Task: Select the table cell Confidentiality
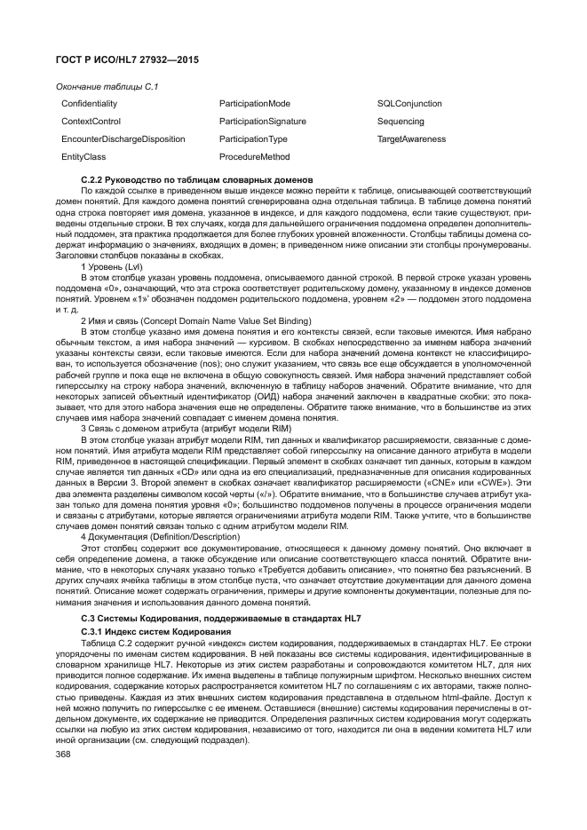tap(89, 104)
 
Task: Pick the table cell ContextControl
tap(91, 122)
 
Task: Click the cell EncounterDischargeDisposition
tap(123, 139)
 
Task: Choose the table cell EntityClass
tap(83, 157)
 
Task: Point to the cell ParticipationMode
tap(254, 104)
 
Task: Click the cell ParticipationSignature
tap(262, 122)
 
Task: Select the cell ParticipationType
tap(253, 139)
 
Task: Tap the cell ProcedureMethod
tap(254, 157)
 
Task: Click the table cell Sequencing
tap(401, 122)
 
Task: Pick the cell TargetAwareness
tap(411, 139)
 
